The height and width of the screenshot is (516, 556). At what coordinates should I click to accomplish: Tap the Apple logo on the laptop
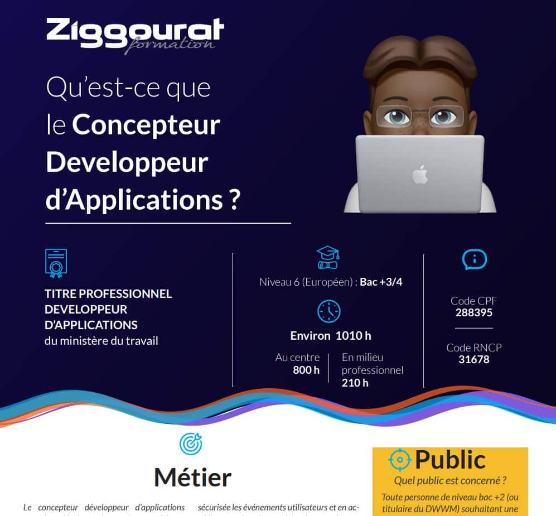pos(420,175)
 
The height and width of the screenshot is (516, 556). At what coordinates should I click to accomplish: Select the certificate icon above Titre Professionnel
pos(56,263)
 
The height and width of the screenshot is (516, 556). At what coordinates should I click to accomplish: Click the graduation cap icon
pos(328,258)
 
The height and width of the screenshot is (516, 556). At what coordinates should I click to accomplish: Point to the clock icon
pos(328,311)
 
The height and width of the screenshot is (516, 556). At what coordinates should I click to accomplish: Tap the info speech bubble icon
pos(475,259)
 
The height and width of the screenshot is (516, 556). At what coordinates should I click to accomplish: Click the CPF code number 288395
pos(474,312)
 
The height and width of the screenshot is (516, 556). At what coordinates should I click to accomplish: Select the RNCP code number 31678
pos(474,359)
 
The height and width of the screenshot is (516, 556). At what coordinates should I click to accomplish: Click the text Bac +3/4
pos(381,282)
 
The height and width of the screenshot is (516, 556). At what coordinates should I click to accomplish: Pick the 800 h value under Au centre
pos(306,370)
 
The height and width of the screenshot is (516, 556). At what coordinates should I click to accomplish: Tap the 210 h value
pos(355,383)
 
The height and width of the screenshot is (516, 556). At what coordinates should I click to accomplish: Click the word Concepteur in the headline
pos(146,125)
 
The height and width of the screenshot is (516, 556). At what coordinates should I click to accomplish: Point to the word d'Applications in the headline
pos(134,200)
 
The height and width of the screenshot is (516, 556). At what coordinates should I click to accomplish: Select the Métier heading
pos(193,478)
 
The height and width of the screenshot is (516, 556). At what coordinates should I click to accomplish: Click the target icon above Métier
pos(191,443)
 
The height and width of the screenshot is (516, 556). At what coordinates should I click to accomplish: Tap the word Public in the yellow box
pos(451,460)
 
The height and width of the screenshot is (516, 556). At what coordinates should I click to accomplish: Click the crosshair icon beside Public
pos(400,460)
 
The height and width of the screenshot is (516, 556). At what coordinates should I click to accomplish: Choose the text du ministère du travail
pos(101,341)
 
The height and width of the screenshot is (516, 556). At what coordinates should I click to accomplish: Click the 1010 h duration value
pos(353,335)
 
